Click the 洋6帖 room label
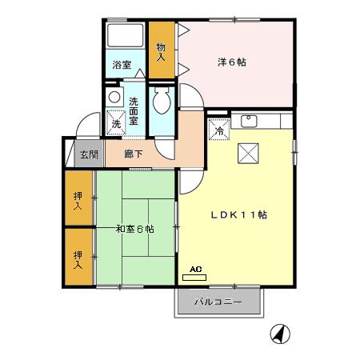pyautogui.click(x=232, y=62)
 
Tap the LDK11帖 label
pyautogui.click(x=239, y=215)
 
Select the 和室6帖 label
pyautogui.click(x=135, y=229)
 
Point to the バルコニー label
pyautogui.click(x=218, y=302)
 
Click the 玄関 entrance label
pyautogui.click(x=90, y=154)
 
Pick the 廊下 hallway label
pyautogui.click(x=134, y=154)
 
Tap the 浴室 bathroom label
pyautogui.click(x=122, y=65)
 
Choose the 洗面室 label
pyautogui.click(x=134, y=111)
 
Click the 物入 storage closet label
pyautogui.click(x=161, y=52)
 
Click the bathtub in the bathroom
pyautogui.click(x=126, y=36)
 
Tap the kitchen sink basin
pyautogui.click(x=249, y=121)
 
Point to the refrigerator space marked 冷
pyautogui.click(x=219, y=130)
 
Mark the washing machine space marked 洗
pyautogui.click(x=116, y=122)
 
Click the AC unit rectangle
pyautogui.click(x=194, y=278)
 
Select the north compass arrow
pyautogui.click(x=280, y=334)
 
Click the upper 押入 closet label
pyautogui.click(x=78, y=201)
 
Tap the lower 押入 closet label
pyautogui.click(x=78, y=260)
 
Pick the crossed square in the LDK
pyautogui.click(x=248, y=154)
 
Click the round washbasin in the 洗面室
pyautogui.click(x=114, y=97)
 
